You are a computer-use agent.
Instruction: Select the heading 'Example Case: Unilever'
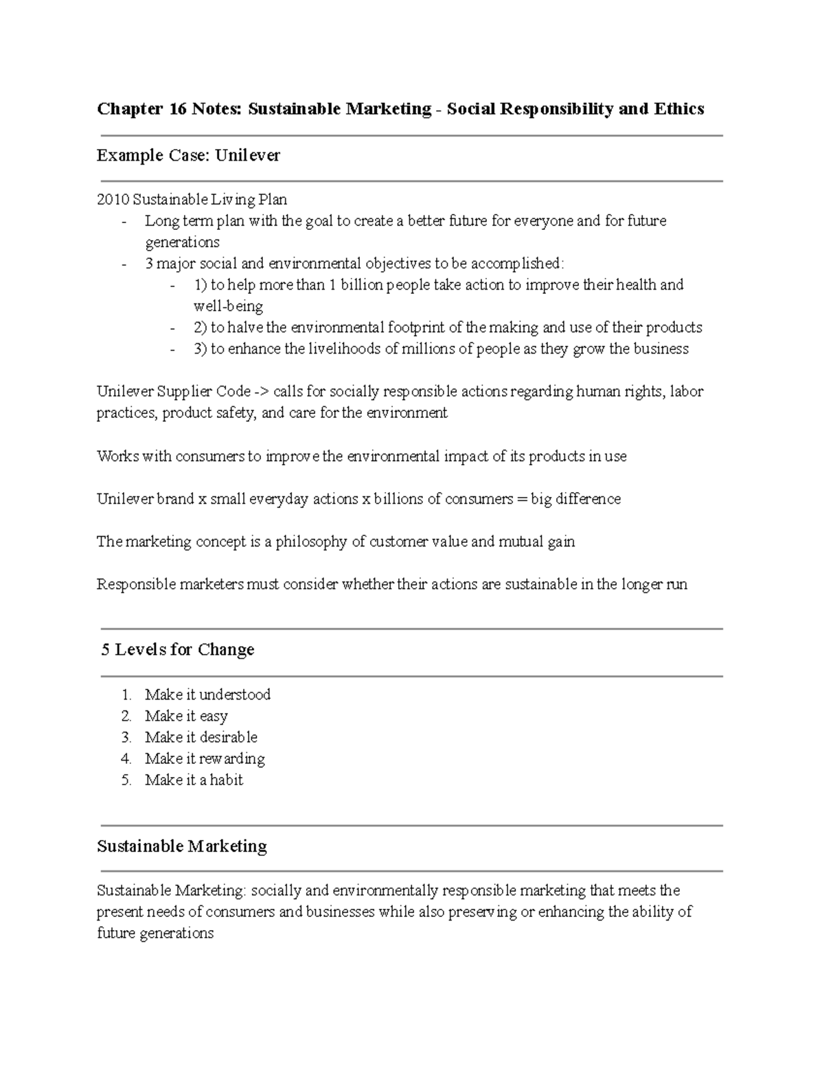pos(188,156)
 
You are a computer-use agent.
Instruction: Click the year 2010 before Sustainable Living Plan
pos(113,200)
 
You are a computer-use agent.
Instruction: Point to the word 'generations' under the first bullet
pos(182,242)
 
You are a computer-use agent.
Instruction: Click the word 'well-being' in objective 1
pos(228,306)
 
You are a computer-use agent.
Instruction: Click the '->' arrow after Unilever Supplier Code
pos(262,392)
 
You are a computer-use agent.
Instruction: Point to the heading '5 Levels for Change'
pos(178,649)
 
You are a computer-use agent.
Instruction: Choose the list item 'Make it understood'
pos(207,695)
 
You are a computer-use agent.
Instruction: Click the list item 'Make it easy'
pos(186,716)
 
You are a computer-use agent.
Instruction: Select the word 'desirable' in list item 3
pos(229,737)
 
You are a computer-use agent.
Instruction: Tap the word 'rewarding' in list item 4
pos(232,758)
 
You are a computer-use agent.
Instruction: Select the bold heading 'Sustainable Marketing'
pos(182,846)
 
